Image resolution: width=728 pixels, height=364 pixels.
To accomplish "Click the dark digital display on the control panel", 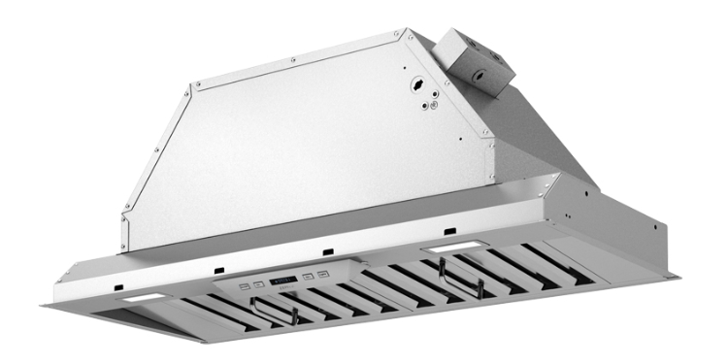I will [x=284, y=275].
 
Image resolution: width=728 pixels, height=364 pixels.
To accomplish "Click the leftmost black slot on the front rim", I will [x=116, y=288].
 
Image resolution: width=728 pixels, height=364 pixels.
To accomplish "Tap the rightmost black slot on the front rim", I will [x=449, y=230].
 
